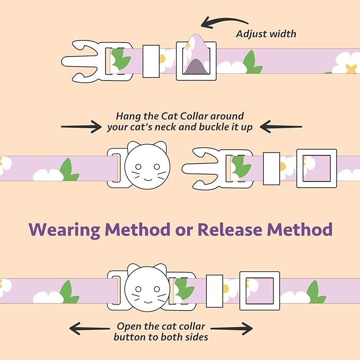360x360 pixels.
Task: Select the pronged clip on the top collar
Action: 87,61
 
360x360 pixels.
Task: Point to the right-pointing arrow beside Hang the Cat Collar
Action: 81,126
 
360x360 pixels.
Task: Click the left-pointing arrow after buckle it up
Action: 280,126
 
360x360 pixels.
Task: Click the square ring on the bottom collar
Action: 259,291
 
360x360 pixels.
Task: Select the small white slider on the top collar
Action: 151,61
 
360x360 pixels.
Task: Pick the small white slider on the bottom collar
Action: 214,291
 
